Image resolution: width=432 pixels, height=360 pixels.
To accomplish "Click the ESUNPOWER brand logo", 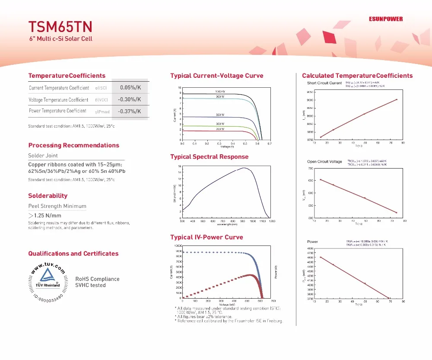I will tap(386, 19).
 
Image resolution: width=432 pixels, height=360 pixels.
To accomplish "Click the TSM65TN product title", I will tap(60, 27).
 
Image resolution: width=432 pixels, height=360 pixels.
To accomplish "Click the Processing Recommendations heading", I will tap(73, 145).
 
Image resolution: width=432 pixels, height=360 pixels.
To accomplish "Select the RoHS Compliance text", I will tap(97, 279).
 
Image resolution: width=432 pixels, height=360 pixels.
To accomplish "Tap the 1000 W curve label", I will tap(220, 92).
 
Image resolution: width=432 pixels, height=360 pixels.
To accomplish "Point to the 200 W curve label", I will tap(220, 129).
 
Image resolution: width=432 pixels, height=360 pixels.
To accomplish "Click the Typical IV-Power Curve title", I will tap(206, 237).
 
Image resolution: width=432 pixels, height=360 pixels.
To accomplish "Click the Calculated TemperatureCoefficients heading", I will tap(357, 76).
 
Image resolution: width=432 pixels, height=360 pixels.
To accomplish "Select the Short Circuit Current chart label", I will tap(324, 83).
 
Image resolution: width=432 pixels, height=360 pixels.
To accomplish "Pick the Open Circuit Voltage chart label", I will tap(324, 162).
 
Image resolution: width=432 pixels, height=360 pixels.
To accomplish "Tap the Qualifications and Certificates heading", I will tap(73, 254).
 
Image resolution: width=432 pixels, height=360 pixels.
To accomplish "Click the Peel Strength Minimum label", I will tap(57, 206).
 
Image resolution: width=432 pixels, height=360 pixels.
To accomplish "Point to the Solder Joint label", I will tap(43, 156).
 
